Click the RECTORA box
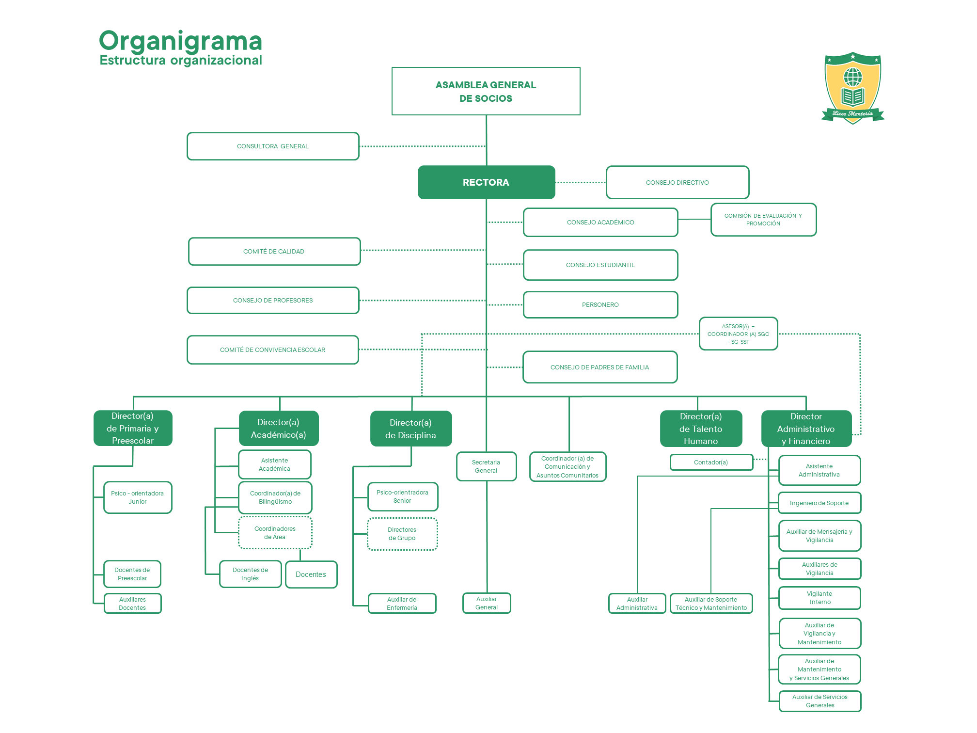click(486, 182)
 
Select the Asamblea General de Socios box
click(486, 91)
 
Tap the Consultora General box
click(273, 146)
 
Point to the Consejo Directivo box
click(677, 182)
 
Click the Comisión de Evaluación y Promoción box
click(763, 220)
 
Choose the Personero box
click(600, 304)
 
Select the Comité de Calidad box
click(274, 251)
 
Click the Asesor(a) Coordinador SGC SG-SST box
click(738, 334)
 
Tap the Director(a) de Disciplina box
click(410, 429)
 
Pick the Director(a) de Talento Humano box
click(701, 429)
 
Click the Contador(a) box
click(711, 462)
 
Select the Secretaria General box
click(486, 466)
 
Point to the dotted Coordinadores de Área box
click(275, 532)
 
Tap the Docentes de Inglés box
click(250, 574)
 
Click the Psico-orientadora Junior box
click(138, 497)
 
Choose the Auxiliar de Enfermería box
click(402, 604)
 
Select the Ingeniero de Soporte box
click(819, 503)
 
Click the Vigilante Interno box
click(819, 598)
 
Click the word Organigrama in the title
click(180, 41)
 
